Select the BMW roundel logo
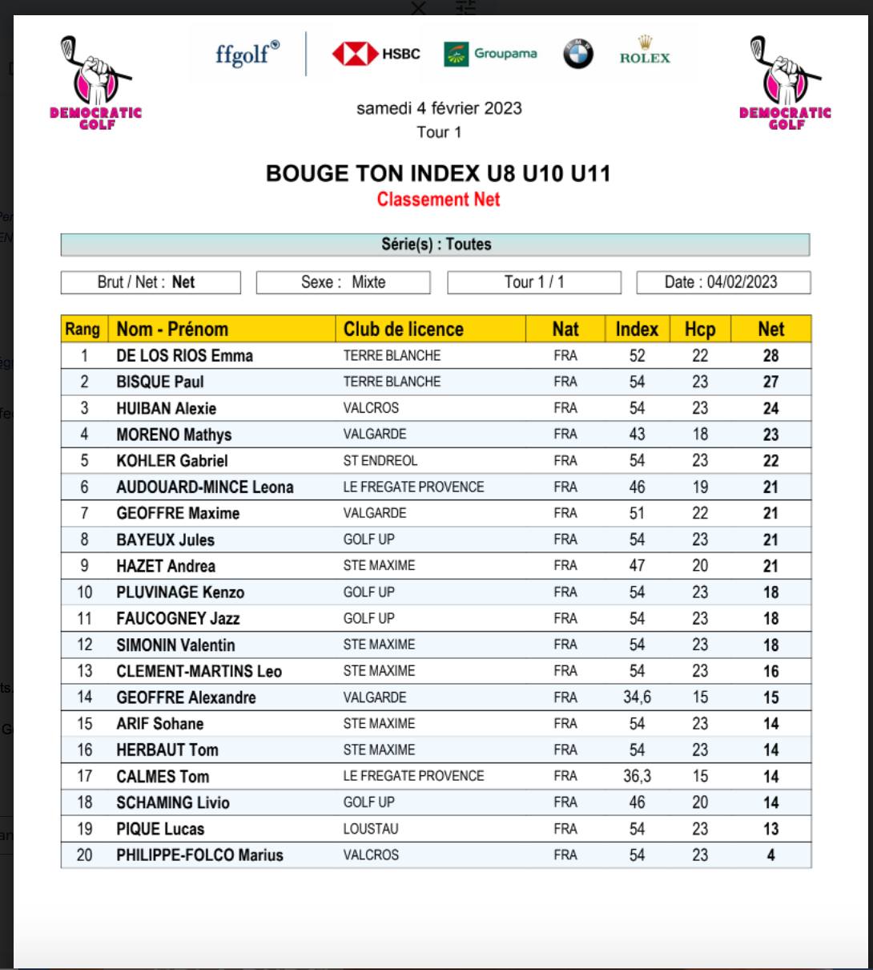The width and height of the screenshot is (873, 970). (x=578, y=54)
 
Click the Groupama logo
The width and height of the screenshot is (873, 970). (x=490, y=54)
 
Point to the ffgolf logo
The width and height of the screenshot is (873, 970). (x=247, y=54)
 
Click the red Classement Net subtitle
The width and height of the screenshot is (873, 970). (x=438, y=200)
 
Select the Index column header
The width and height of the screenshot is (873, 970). (x=637, y=329)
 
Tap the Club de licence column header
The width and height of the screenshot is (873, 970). (x=404, y=329)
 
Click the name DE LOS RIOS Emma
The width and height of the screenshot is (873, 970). (x=184, y=356)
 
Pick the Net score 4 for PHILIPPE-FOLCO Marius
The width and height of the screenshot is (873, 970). (x=770, y=855)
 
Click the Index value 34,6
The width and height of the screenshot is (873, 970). (x=637, y=697)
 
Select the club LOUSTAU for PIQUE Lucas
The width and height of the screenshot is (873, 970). (x=371, y=829)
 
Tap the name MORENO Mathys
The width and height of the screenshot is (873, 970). (x=174, y=434)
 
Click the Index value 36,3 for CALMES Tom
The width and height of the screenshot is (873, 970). (x=637, y=776)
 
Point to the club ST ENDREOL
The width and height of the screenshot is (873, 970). (x=380, y=461)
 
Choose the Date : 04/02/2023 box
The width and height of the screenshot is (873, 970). (x=723, y=282)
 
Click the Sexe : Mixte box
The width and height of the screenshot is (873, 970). (x=343, y=282)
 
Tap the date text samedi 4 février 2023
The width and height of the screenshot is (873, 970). (x=439, y=108)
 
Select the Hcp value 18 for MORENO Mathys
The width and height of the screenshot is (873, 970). (x=700, y=434)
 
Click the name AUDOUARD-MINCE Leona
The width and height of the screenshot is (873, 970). (x=205, y=487)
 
